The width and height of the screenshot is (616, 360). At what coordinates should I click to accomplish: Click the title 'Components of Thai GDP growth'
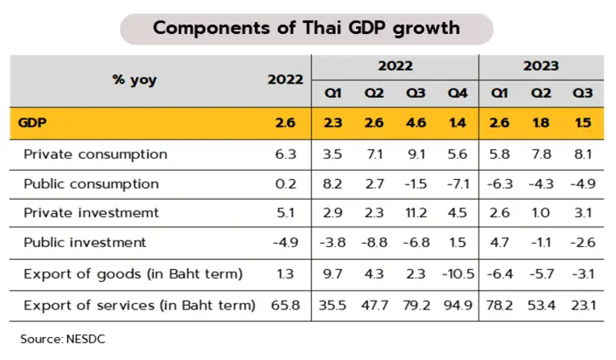pos(306,28)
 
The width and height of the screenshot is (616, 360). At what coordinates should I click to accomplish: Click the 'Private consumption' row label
pos(96,154)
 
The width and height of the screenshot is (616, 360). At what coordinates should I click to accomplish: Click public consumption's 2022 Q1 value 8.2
pos(332,184)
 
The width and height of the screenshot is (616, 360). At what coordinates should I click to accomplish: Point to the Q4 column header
pos(457,93)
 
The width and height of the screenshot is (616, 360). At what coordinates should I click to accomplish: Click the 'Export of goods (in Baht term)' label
pos(133,275)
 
